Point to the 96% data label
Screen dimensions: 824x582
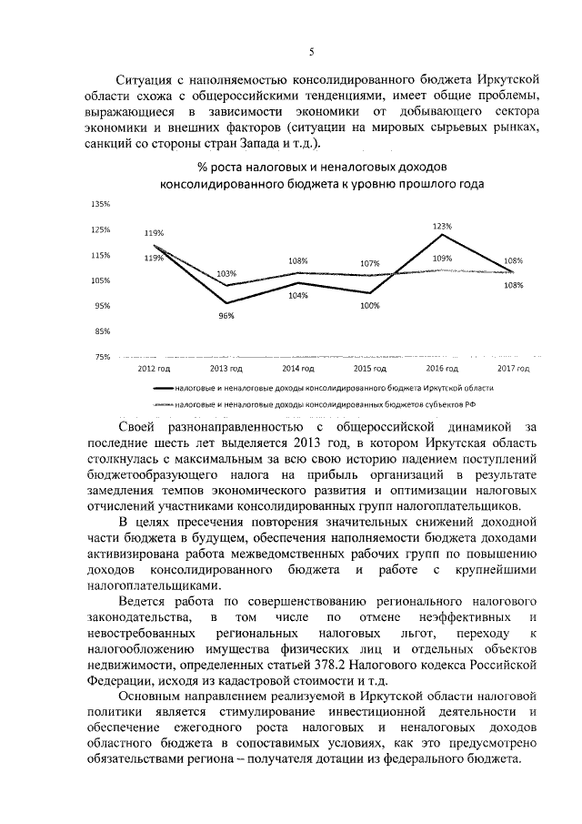coord(226,315)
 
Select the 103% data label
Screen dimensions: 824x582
coord(226,273)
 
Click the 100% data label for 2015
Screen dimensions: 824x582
coord(370,306)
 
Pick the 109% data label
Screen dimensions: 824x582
coord(443,259)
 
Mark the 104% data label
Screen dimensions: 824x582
coord(297,295)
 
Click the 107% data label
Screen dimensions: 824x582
coord(369,264)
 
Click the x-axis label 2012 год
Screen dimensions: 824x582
coord(154,369)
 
